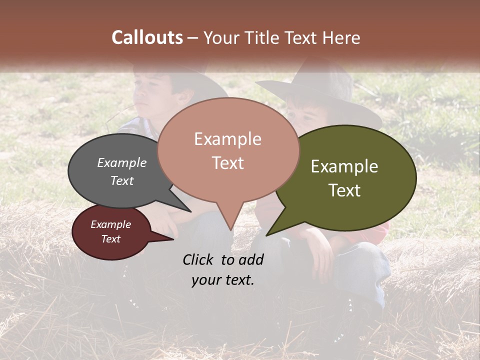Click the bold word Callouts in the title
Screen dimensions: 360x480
coord(147,37)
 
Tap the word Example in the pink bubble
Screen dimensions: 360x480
coord(227,139)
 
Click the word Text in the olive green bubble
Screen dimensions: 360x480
coord(344,190)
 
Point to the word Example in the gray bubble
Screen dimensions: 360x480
coord(121,162)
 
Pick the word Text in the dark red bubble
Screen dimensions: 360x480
coord(110,239)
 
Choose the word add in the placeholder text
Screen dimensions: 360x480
coord(251,259)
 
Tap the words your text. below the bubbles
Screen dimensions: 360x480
coord(222,280)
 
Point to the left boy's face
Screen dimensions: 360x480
coord(152,95)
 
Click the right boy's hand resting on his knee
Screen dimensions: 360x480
coord(320,255)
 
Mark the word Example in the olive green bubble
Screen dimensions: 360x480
coord(344,166)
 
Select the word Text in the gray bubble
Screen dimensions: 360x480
coord(121,180)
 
